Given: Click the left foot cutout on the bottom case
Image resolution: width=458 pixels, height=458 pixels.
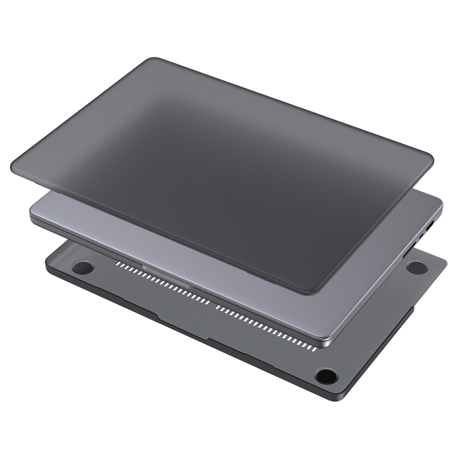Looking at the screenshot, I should coord(83,267).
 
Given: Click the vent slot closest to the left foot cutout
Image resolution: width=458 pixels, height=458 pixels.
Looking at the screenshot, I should coord(117,263).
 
